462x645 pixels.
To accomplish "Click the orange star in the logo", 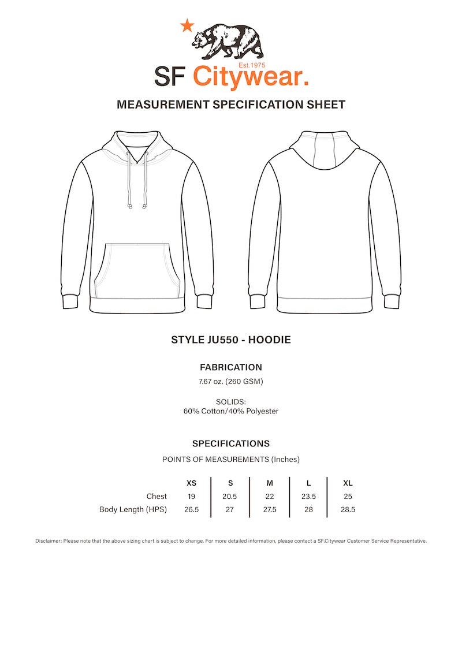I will click(x=187, y=25).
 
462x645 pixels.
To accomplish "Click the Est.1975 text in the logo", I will click(x=252, y=66).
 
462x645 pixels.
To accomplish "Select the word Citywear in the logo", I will click(x=249, y=77).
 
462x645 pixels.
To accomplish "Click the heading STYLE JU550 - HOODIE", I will click(x=231, y=340).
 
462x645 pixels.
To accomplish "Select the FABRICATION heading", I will click(x=231, y=367).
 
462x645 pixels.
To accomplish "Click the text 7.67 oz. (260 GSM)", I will click(x=231, y=381).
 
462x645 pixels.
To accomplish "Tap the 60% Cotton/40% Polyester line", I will click(x=231, y=411).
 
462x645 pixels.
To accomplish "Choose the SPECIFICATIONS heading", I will click(x=231, y=444).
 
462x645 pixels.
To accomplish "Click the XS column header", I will click(x=191, y=483).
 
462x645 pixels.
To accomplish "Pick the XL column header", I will click(x=348, y=483).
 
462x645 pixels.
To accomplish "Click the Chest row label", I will click(x=157, y=497).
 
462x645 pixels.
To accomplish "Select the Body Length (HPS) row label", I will click(x=133, y=510).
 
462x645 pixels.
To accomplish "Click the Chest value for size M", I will click(x=270, y=497).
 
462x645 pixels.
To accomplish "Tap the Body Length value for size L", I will click(x=308, y=510).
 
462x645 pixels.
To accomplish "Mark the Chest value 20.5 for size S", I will click(x=230, y=497).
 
